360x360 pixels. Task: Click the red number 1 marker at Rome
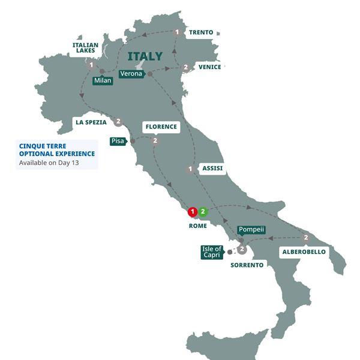[x=192, y=212]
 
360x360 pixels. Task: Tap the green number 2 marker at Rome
[x=203, y=212]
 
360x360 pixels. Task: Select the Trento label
[x=201, y=32]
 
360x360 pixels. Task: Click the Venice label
[x=209, y=67]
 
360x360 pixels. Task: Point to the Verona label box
[x=131, y=74]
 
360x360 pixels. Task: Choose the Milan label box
[x=103, y=80]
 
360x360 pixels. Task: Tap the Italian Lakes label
[x=85, y=49]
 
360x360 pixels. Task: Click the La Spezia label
[x=91, y=122]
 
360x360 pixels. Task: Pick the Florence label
[x=161, y=127]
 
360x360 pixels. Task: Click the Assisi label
[x=212, y=169]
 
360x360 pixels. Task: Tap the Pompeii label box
[x=251, y=230]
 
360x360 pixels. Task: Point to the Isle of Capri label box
[x=212, y=253]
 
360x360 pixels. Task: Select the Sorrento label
[x=247, y=265]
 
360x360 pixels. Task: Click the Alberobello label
[x=304, y=252]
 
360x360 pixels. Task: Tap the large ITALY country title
[x=145, y=56]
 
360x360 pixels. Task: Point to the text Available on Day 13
[x=49, y=163]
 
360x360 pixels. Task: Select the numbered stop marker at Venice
[x=186, y=67]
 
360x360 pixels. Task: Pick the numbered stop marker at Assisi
[x=190, y=169]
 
